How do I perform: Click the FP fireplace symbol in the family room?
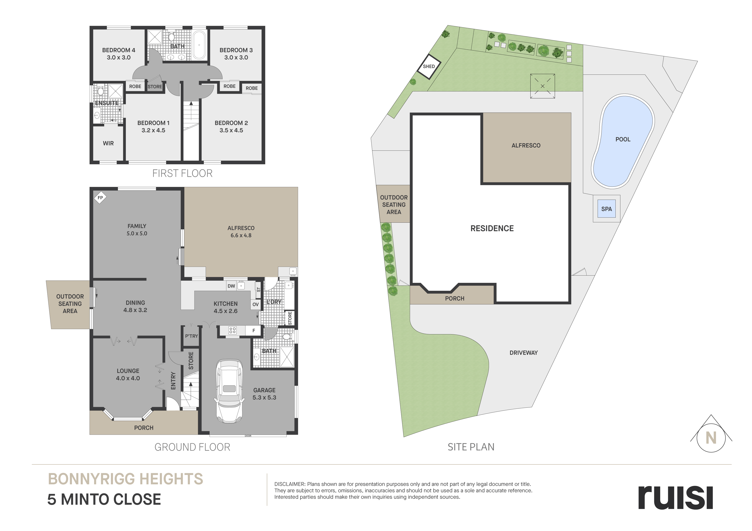pos(100,198)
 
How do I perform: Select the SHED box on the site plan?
pos(429,66)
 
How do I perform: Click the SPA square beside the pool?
pos(607,209)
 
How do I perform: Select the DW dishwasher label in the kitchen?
pos(231,286)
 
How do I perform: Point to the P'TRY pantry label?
pos(192,336)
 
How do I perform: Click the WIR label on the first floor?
pos(108,143)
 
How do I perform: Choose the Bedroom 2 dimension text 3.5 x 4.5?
pos(231,130)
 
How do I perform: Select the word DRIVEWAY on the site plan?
pos(524,353)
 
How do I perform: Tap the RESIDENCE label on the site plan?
pos(492,228)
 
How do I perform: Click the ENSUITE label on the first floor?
pos(107,103)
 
